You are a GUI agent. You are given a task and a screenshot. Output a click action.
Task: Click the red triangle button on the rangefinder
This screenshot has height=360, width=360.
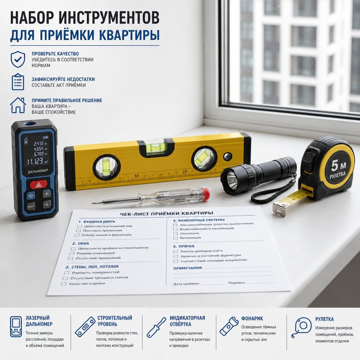point(38,184)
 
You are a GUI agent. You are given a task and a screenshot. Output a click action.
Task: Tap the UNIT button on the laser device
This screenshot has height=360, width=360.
point(31,206)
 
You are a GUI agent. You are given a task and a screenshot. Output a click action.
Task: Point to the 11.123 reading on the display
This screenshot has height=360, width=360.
point(35,161)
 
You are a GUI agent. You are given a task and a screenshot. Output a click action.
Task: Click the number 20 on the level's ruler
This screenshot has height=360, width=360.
point(185,172)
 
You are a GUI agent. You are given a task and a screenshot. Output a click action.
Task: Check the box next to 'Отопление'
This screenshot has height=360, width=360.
point(175,233)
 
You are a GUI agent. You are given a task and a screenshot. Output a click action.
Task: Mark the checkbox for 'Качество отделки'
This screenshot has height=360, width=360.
point(63,284)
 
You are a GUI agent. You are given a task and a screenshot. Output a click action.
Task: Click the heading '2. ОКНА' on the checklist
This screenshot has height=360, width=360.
point(81,243)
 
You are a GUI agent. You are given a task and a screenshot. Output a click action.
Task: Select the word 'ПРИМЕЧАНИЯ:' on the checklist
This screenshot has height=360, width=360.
point(188,268)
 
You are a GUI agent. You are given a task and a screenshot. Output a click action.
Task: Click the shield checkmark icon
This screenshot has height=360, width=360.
point(18,59)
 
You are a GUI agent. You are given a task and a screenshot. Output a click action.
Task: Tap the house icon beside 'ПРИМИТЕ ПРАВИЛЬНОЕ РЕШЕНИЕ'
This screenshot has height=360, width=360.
point(18,105)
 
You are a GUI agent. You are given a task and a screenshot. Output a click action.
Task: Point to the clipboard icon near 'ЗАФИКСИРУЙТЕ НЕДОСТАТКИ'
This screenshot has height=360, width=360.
point(18,82)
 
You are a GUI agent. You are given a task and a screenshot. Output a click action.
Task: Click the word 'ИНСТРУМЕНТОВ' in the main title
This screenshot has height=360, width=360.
point(109,18)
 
